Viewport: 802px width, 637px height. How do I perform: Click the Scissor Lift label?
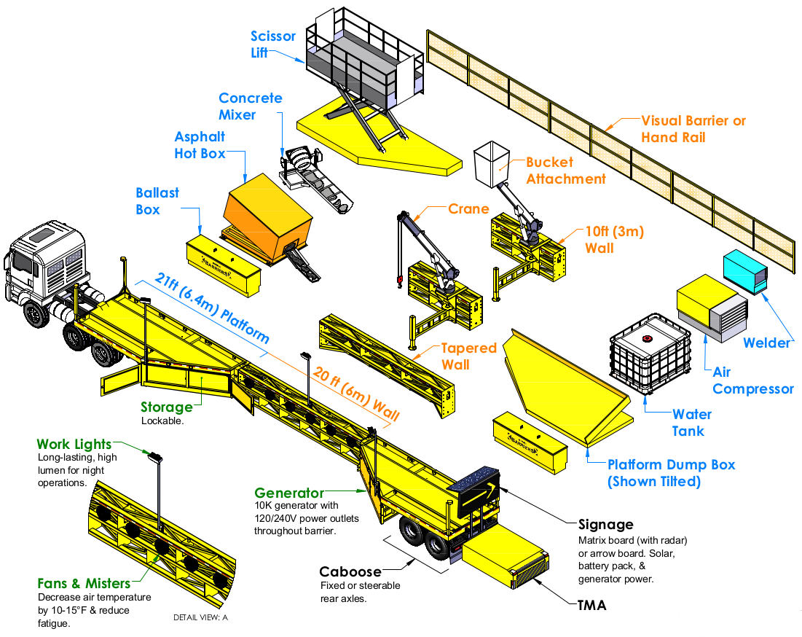tap(272, 44)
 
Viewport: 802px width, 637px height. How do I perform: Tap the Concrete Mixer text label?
tap(250, 106)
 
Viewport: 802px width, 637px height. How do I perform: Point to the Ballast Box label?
tap(157, 201)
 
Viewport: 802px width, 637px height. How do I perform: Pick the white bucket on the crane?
tap(491, 165)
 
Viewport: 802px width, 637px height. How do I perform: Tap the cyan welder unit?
tap(745, 272)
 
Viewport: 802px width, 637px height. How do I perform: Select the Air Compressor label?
tap(752, 380)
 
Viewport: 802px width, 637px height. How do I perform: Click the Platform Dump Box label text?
tap(671, 473)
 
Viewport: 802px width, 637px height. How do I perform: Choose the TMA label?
tap(591, 604)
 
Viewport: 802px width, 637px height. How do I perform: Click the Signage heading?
tap(605, 524)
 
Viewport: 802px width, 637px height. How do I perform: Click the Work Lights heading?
tap(74, 444)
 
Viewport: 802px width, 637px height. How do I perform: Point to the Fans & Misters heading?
tap(84, 583)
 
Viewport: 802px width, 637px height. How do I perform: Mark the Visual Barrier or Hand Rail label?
tap(693, 129)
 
